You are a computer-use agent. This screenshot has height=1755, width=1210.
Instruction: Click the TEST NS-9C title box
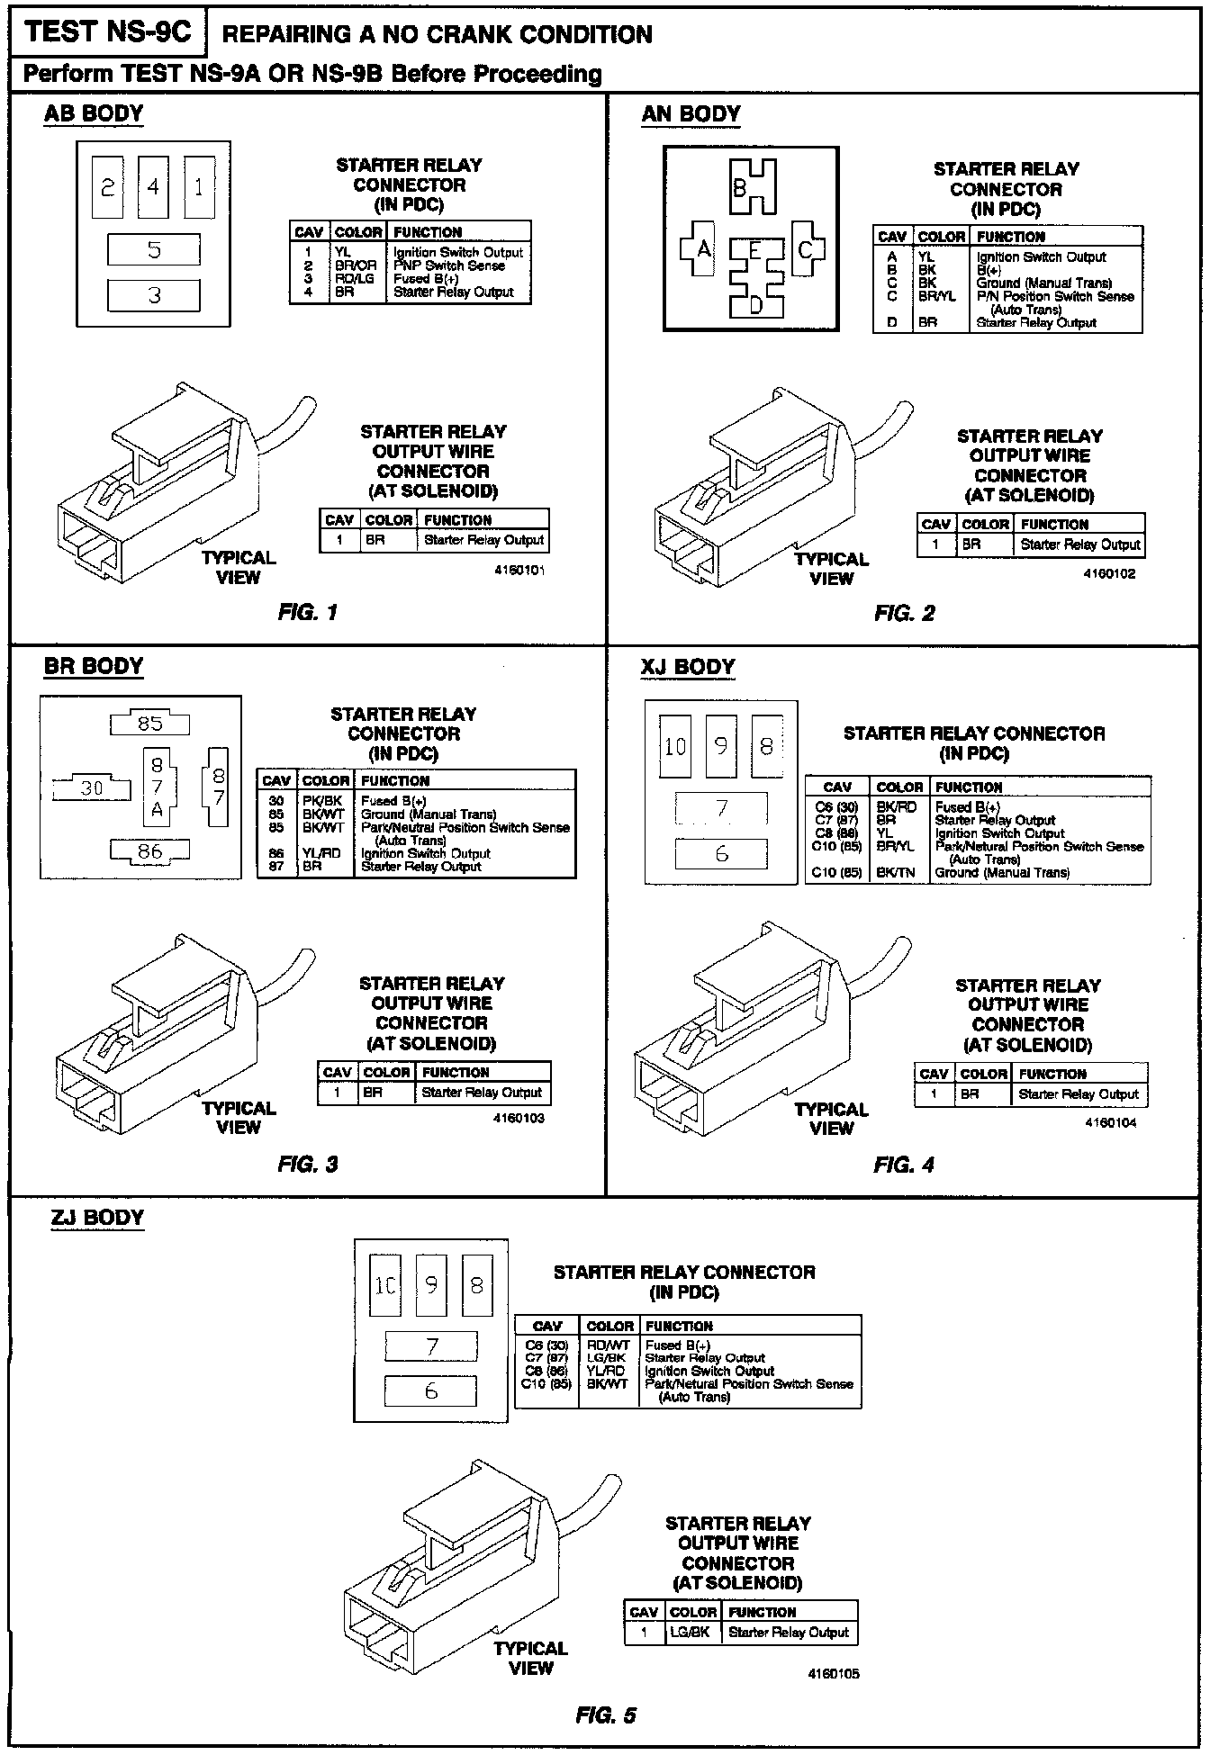[x=108, y=33]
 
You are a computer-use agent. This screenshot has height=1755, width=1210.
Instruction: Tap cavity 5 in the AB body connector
[x=154, y=249]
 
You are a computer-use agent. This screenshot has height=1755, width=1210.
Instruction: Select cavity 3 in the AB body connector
[x=154, y=294]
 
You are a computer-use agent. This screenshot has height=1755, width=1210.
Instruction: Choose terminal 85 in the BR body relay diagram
[x=150, y=723]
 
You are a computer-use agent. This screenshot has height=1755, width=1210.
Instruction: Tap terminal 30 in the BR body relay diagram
[x=92, y=788]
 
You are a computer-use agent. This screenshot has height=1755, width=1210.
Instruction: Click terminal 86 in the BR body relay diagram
[x=150, y=850]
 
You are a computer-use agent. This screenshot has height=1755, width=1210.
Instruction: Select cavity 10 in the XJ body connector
[x=675, y=746]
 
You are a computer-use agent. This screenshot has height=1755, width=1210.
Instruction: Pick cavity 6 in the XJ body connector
[x=721, y=853]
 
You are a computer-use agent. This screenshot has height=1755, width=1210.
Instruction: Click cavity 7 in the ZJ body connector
[x=431, y=1346]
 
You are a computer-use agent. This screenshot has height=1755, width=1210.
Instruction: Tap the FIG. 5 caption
[x=605, y=1714]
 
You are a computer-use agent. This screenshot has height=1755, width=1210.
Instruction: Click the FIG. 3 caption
[x=308, y=1164]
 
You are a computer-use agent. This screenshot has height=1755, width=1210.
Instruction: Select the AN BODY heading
[x=691, y=114]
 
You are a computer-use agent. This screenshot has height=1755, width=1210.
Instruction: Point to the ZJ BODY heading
[x=97, y=1218]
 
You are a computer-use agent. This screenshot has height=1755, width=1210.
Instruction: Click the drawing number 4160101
[x=519, y=571]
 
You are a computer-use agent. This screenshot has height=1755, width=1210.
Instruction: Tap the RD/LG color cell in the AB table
[x=354, y=279]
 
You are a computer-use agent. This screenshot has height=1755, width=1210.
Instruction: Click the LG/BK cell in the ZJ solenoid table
[x=693, y=1632]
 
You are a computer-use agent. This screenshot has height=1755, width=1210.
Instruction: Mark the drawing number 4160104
[x=1111, y=1122]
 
